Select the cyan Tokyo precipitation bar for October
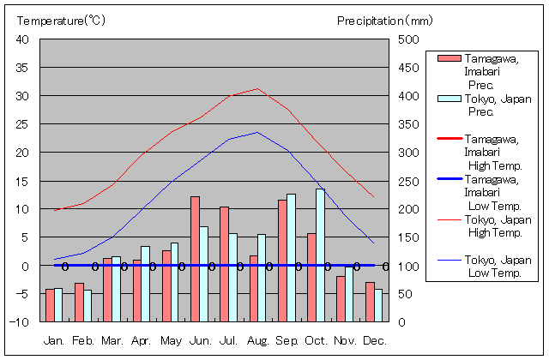coord(320,255)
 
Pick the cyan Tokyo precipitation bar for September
coord(291,257)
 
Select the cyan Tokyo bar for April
coord(146,284)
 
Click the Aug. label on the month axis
coord(258,341)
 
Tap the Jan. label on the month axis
coord(54,341)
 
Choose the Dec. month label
coord(374,341)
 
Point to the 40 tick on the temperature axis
coord(22,39)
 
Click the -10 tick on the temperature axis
coord(20,322)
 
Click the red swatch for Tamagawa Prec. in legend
coord(449,58)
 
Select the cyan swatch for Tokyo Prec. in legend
coord(449,99)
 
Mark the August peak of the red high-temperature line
coord(257,88)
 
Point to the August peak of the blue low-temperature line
coord(257,132)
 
